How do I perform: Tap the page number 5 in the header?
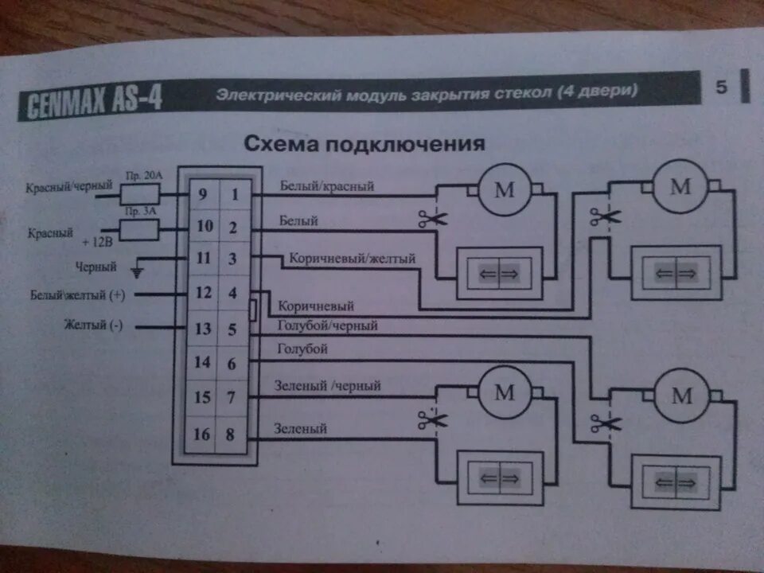[x=721, y=88]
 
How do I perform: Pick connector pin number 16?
[x=202, y=435]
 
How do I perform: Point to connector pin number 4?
[x=233, y=294]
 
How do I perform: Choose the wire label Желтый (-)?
[x=93, y=325]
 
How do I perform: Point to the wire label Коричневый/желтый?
[x=353, y=259]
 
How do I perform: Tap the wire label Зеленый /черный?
[x=327, y=386]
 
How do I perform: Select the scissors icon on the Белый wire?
[x=429, y=218]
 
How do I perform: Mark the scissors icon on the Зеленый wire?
[x=431, y=420]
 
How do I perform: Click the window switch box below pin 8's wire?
[x=497, y=477]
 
